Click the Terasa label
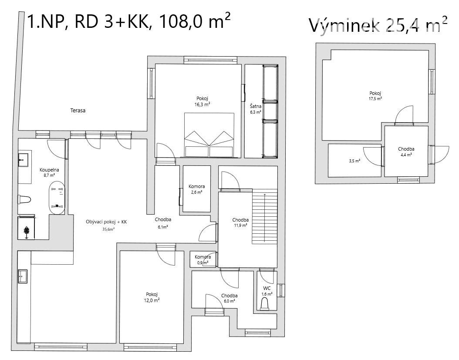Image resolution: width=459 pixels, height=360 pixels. pos(78,111)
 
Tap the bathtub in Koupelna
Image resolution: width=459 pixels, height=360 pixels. pos(57,198)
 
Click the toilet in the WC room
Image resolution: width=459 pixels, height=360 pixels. pos(265,304)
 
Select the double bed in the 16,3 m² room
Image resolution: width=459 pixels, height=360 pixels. pos(209,135)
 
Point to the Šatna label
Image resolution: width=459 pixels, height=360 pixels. pos(256,106)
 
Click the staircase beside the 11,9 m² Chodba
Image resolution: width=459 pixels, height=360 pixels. pos(264,216)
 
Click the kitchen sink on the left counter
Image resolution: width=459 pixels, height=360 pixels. pos(23,276)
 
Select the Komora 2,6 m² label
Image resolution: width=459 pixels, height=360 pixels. pos(196,189)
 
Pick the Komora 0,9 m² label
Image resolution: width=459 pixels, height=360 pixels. pos(202,259)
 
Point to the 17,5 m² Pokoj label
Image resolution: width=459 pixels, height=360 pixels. pos(375,96)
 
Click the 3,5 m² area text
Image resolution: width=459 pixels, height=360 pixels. pos(354,161)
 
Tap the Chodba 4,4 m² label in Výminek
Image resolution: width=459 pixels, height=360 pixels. pos(406,151)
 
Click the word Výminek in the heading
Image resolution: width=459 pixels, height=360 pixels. pos(344,26)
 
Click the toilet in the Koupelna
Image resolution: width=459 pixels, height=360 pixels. pos(24,200)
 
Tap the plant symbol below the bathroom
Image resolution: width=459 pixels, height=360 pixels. pos(27,231)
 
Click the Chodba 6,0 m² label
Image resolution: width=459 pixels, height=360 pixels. pos(229,298)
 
